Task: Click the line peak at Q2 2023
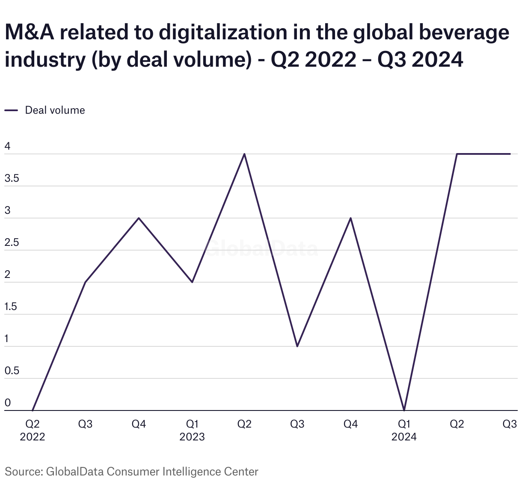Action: click(x=244, y=154)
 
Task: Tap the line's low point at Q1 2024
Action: click(x=404, y=410)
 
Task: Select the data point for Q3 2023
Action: click(x=297, y=346)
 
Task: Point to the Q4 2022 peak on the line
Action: click(x=139, y=218)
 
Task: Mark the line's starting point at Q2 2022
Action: click(x=33, y=410)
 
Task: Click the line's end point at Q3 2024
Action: click(x=510, y=154)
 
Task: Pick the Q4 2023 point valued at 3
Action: click(x=351, y=218)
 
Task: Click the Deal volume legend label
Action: click(x=55, y=110)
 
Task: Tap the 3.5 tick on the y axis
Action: click(x=12, y=179)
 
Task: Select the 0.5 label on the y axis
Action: click(x=12, y=371)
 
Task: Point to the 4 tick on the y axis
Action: click(x=7, y=147)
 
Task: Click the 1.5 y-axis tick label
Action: click(x=11, y=307)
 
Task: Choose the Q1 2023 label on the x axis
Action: click(x=192, y=430)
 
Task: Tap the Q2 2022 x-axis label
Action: click(x=33, y=430)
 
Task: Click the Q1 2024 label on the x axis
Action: click(x=404, y=430)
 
